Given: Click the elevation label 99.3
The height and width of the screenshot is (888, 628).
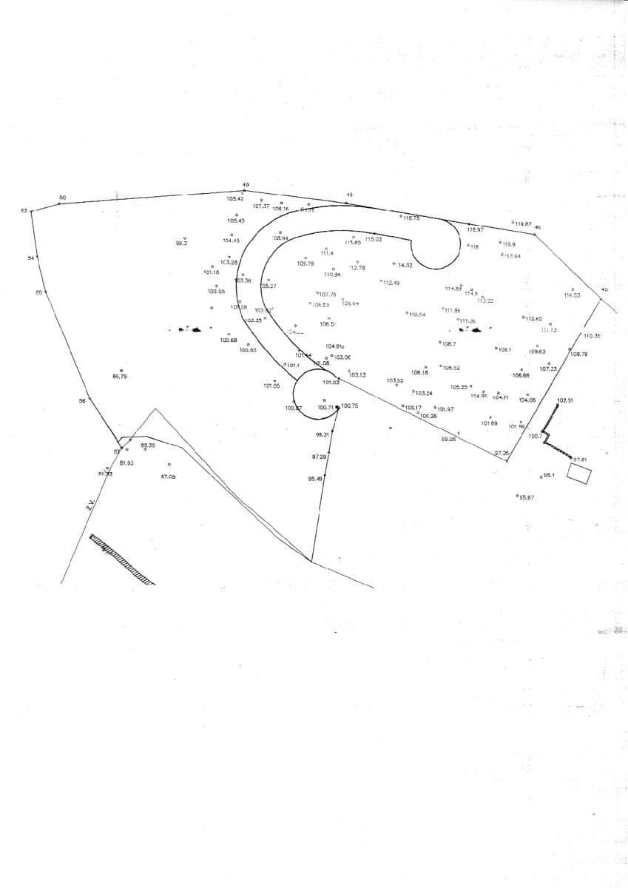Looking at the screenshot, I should pyautogui.click(x=181, y=242).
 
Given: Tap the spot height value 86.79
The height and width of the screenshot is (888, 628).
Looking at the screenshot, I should pyautogui.click(x=120, y=377).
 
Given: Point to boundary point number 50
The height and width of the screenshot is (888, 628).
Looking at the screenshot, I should pyautogui.click(x=63, y=197).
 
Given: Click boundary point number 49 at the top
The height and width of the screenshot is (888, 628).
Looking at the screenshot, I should pyautogui.click(x=246, y=184).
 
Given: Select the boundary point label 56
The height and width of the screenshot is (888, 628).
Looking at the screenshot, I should pyautogui.click(x=82, y=400).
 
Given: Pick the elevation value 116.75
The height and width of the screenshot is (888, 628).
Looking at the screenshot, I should pyautogui.click(x=411, y=218).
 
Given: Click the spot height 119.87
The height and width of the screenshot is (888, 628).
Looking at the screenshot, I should pyautogui.click(x=521, y=223).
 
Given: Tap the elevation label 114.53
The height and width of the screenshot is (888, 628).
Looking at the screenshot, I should pyautogui.click(x=572, y=295).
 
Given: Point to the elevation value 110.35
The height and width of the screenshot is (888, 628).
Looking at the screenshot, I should pyautogui.click(x=592, y=336).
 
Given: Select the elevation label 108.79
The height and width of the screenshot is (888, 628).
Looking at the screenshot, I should pyautogui.click(x=578, y=354).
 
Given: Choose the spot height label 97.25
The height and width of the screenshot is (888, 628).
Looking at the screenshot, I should pyautogui.click(x=502, y=452).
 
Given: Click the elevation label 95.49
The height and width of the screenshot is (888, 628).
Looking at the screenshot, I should pyautogui.click(x=315, y=479).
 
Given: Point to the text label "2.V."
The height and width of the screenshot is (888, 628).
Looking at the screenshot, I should pyautogui.click(x=90, y=506).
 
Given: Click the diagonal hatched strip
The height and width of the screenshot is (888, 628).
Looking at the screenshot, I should pyautogui.click(x=122, y=559).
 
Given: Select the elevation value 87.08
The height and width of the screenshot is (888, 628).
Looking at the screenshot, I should pyautogui.click(x=168, y=476).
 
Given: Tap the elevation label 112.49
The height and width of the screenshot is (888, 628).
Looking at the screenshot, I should pyautogui.click(x=391, y=283).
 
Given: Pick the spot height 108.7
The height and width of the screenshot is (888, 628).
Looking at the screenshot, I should pyautogui.click(x=448, y=343).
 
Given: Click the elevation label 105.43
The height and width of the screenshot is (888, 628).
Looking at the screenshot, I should pyautogui.click(x=236, y=221).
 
